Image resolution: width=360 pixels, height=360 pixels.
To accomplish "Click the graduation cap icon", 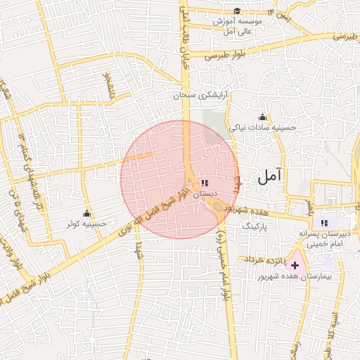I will [237, 11].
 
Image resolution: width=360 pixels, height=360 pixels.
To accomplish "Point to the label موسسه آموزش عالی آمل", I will [238, 27].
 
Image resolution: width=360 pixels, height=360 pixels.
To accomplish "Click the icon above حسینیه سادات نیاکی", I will [263, 116].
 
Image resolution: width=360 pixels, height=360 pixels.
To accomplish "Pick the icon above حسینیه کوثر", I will [87, 213].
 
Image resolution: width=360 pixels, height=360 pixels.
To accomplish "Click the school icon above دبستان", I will [204, 182].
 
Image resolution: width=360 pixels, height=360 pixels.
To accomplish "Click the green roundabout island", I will [219, 207].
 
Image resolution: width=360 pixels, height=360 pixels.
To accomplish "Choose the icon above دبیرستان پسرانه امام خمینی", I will [324, 223].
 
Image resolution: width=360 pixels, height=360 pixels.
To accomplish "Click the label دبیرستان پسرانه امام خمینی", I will [324, 238].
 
